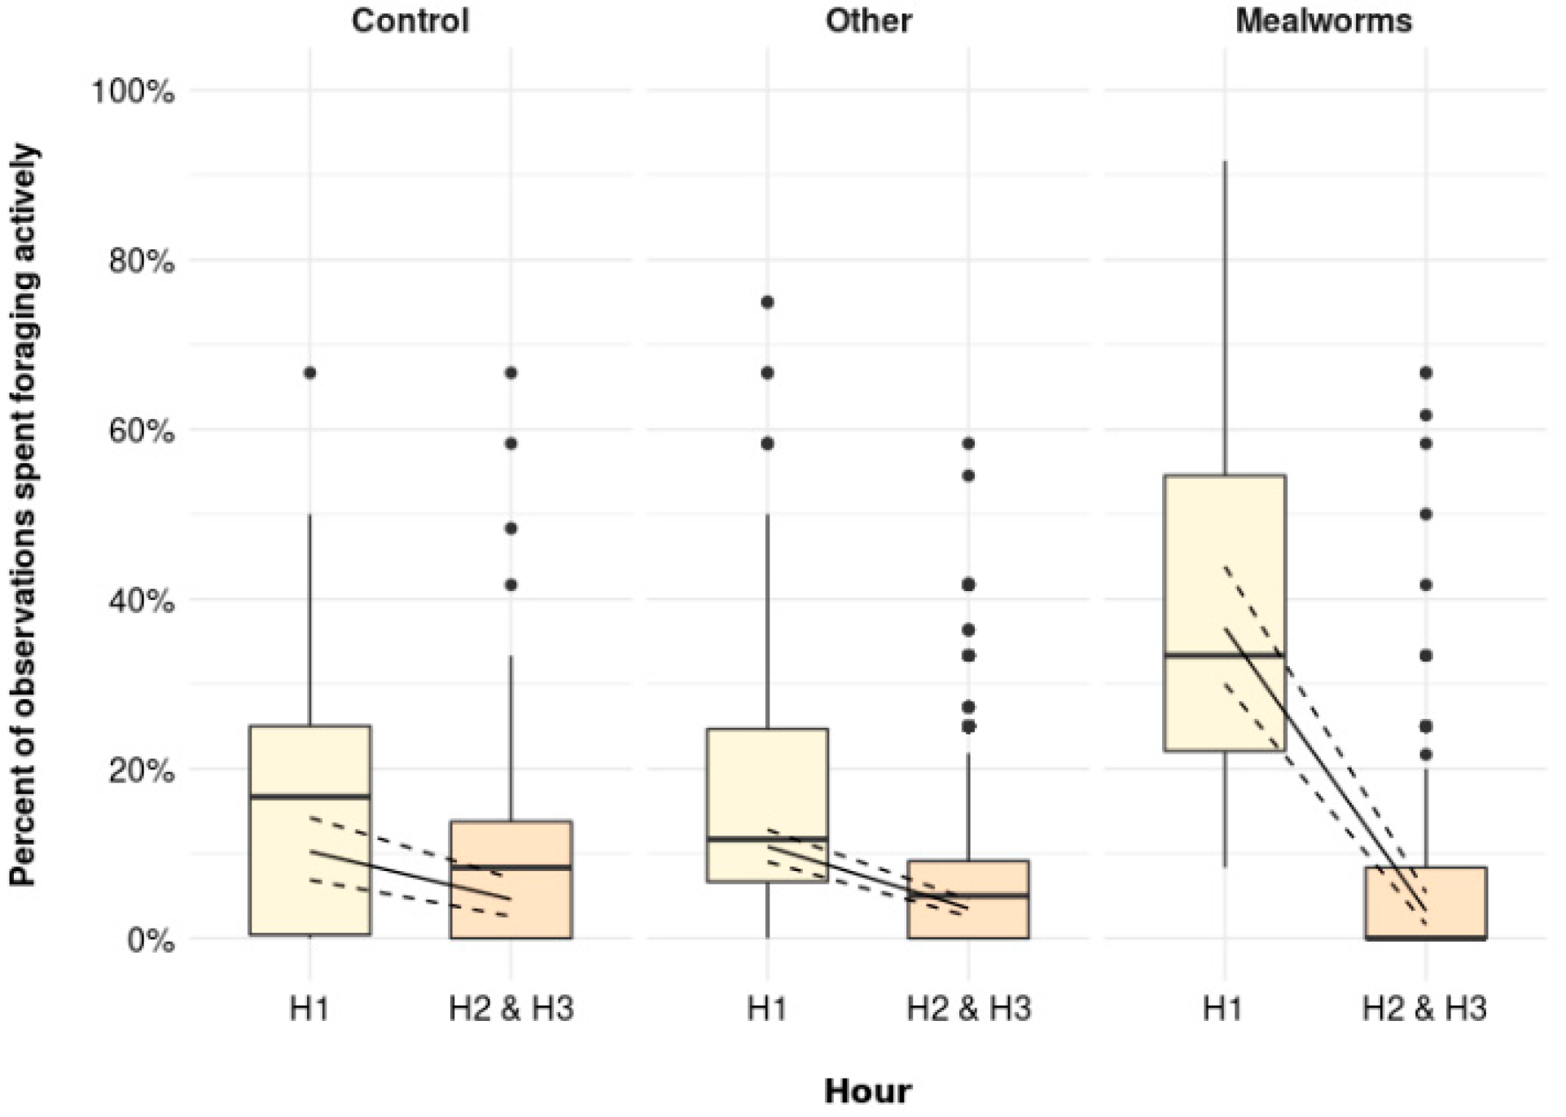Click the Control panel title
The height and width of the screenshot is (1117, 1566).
click(410, 20)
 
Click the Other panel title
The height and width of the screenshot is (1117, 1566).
click(868, 20)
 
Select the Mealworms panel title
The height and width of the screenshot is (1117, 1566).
click(1324, 20)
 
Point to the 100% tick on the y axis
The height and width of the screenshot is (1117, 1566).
click(133, 91)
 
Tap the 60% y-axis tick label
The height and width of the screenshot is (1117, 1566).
click(140, 431)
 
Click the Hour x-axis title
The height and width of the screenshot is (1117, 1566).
click(868, 1091)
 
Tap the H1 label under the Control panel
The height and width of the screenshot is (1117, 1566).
click(309, 1010)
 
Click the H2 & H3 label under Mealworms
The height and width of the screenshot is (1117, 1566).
click(1425, 1010)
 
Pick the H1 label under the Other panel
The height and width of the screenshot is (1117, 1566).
click(767, 1010)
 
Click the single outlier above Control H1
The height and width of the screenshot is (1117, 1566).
click(310, 373)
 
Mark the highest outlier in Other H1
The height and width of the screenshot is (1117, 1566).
click(767, 302)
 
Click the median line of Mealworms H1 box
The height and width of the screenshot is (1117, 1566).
click(1225, 655)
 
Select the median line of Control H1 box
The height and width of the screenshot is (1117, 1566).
click(310, 795)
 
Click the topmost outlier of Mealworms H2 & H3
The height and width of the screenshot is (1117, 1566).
click(1426, 373)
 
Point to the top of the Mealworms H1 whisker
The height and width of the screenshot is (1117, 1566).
click(1225, 163)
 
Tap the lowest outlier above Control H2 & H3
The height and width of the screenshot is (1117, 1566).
click(511, 585)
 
